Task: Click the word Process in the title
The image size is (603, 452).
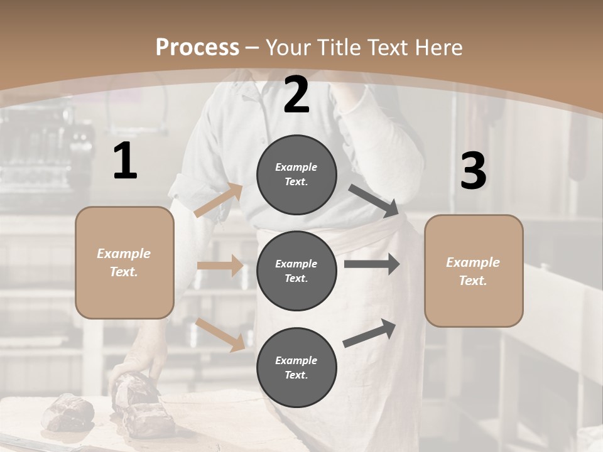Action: point(197,47)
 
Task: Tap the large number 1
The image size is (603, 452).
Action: point(125,161)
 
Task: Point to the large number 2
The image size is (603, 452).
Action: point(296,95)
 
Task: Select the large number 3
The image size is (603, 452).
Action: point(473,171)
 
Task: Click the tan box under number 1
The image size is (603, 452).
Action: point(124,262)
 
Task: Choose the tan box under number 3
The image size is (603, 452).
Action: point(474,271)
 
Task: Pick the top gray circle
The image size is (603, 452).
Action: point(296,175)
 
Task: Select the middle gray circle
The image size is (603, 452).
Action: point(296,271)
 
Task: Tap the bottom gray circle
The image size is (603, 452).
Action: point(296,367)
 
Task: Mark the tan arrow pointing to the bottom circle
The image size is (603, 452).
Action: point(220,334)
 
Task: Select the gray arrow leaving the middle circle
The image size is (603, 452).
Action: point(372,264)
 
